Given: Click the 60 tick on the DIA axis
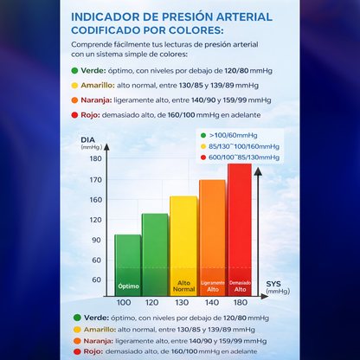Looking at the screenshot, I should coord(96,280).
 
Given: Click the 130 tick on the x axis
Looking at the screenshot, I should coord(183,302).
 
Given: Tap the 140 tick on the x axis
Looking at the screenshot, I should coord(212,302).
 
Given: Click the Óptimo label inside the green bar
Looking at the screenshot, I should coord(127,284).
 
